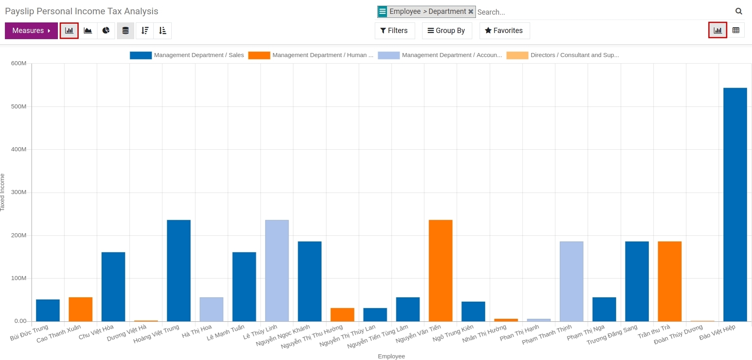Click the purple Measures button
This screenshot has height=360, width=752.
[31, 31]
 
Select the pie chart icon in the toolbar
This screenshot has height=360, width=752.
[106, 31]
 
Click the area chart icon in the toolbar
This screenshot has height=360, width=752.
[88, 31]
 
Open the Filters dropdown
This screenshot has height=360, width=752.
[394, 31]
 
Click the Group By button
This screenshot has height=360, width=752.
[447, 31]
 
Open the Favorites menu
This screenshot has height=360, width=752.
[504, 31]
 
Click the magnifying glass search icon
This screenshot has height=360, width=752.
[739, 11]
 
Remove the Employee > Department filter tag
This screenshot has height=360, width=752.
[471, 11]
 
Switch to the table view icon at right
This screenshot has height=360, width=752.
[736, 30]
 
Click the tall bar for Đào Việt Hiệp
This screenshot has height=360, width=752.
[735, 204]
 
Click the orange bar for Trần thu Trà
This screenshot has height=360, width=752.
[670, 281]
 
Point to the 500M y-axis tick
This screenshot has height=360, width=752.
[19, 106]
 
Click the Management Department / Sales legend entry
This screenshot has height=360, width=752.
[187, 55]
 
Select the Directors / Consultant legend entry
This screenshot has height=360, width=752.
[563, 55]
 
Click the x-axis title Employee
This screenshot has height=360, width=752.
[391, 356]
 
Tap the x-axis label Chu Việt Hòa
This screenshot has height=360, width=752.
[96, 332]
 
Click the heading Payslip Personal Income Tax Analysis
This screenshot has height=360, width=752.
[82, 11]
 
